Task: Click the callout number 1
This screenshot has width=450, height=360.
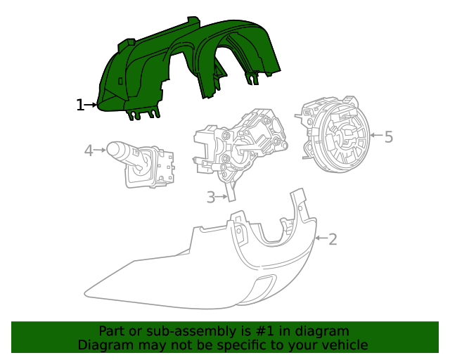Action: point(79,105)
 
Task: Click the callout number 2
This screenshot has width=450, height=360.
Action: point(333,239)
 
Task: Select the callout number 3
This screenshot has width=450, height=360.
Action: point(211,198)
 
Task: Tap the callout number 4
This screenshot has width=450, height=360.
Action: point(89,150)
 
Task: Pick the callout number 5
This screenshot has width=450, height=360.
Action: point(388,136)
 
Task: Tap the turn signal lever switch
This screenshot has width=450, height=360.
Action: point(144,165)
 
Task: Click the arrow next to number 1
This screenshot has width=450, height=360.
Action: point(91,105)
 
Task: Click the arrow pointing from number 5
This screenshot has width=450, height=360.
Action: point(375,135)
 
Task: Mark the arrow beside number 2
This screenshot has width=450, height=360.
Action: point(321,239)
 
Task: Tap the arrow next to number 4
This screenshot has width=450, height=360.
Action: point(101,150)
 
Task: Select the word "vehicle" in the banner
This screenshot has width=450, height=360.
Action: point(345,345)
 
